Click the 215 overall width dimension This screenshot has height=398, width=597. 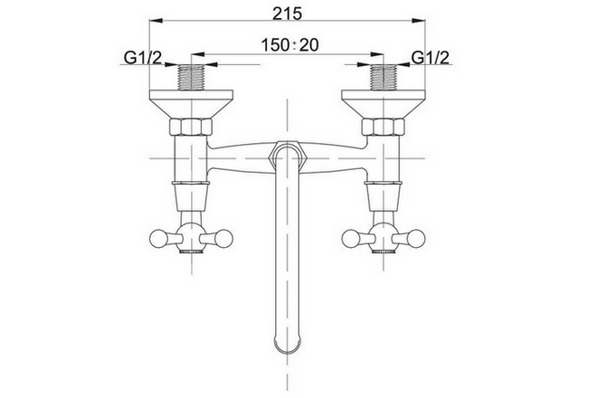click(x=288, y=14)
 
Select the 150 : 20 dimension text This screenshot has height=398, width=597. click(x=289, y=45)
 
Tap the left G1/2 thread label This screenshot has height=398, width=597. click(x=143, y=58)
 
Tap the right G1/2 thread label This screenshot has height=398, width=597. click(x=431, y=58)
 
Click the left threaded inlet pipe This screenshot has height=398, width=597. click(x=191, y=77)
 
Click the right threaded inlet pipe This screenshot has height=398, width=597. click(x=384, y=77)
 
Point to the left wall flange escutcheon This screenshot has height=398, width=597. click(x=191, y=104)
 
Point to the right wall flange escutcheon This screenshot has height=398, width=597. click(x=384, y=104)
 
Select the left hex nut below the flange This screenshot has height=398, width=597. click(x=190, y=128)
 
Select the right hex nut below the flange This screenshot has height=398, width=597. click(x=383, y=128)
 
